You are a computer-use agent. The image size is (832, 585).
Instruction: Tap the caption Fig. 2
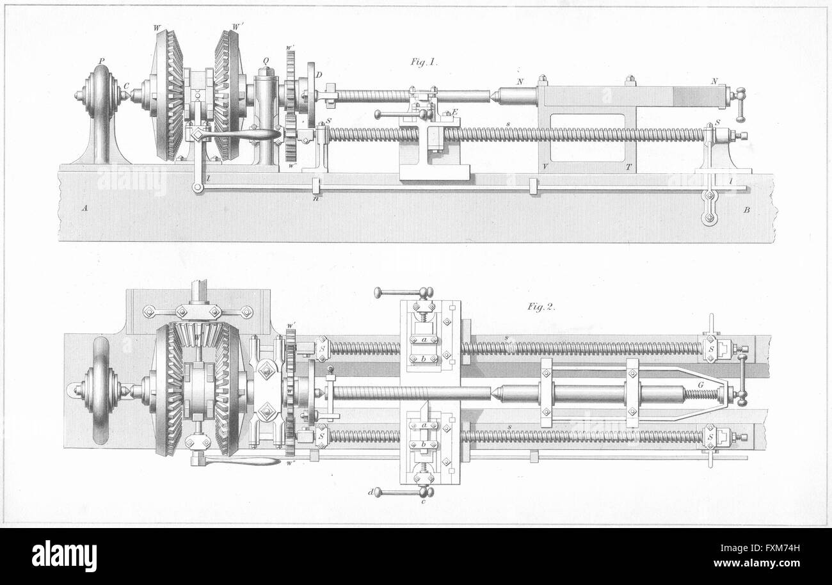(541, 307)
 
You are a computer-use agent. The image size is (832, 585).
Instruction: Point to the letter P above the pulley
(101, 62)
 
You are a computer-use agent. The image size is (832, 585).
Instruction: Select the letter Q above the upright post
(265, 62)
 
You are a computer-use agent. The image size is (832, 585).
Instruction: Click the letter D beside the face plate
(318, 76)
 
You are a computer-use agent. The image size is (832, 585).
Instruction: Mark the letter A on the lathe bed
(84, 208)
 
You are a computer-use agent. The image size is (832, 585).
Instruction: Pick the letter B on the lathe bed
(746, 210)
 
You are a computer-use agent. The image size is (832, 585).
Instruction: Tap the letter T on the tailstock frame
(628, 166)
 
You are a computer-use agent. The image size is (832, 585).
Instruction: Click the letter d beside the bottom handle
(371, 492)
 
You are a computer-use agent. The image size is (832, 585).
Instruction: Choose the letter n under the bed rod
(315, 198)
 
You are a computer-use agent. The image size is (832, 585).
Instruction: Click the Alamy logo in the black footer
(64, 556)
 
